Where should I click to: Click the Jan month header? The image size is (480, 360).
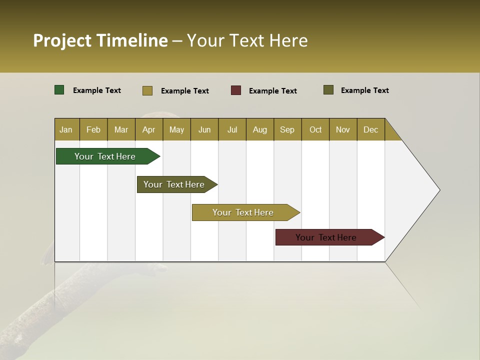66,129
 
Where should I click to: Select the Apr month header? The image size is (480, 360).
148,129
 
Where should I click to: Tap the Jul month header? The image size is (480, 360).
232,129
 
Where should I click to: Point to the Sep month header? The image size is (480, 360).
287,129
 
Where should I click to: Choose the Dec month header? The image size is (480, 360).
370,129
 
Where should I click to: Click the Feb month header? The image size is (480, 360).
93,129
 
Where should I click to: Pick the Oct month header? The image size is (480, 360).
315,129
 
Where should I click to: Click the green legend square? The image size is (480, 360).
59,90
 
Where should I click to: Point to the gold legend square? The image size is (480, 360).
147,90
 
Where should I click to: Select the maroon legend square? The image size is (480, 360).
236,90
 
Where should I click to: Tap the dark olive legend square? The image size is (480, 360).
328,90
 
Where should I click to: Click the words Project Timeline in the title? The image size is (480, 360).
100,40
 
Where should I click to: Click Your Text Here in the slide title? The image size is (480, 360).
247,40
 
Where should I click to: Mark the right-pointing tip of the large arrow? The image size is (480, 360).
439,190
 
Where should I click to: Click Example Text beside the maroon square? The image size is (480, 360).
272,91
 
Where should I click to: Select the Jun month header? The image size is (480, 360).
204,129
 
